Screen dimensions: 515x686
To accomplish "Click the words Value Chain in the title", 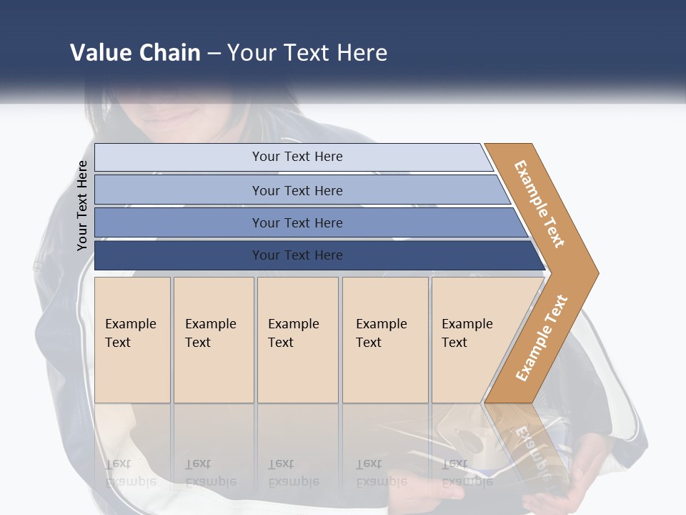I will [135, 52].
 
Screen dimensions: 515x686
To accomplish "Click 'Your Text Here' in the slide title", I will [307, 52].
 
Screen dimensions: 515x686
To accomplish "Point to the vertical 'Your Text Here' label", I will [82, 205].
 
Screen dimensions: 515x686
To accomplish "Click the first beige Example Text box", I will [132, 340].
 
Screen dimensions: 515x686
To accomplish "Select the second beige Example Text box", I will [213, 340].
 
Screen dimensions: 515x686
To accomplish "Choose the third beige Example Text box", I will [297, 340].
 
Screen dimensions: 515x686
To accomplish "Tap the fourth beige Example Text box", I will [384, 340].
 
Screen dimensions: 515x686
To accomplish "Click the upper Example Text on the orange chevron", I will [539, 203].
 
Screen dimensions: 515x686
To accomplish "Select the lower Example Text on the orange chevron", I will [541, 338].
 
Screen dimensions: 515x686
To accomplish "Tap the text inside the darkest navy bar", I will [297, 255].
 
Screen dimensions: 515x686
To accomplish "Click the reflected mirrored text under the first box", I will [131, 473].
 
